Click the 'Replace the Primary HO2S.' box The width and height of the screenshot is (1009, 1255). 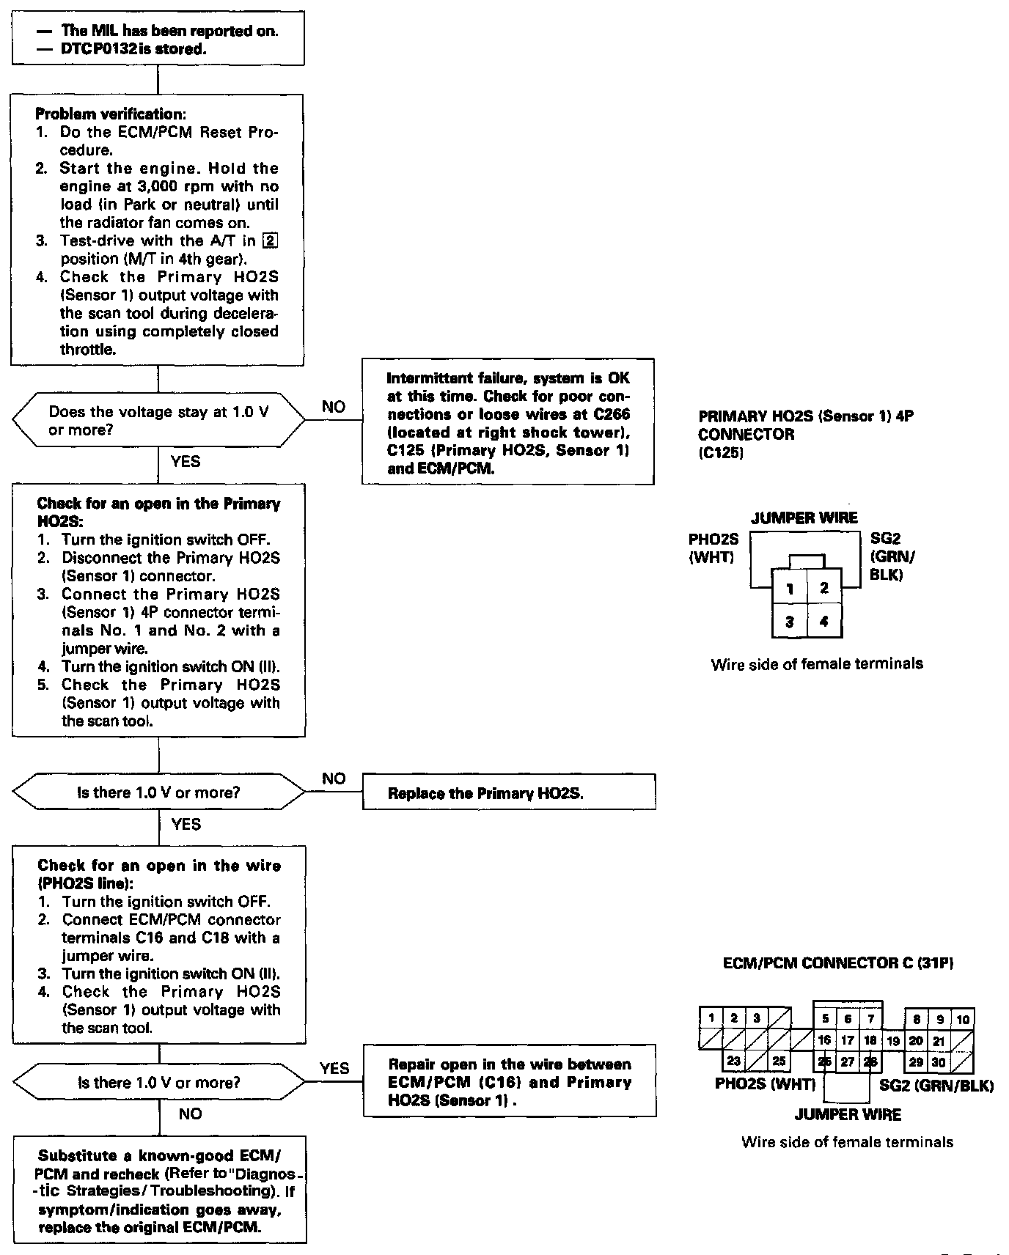coord(509,792)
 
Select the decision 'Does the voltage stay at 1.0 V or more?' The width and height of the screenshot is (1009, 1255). coord(158,421)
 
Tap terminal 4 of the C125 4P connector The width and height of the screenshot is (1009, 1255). coord(824,622)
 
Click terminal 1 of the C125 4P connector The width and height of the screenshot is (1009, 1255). coord(790,588)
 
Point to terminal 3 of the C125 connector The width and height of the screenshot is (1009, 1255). coord(790,622)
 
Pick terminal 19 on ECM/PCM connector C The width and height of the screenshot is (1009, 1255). coord(892,1040)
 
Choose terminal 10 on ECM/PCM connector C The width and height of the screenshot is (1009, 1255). coord(963,1019)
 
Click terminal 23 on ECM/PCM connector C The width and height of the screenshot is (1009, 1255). coord(734,1061)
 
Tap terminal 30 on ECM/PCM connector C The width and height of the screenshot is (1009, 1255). coord(939,1061)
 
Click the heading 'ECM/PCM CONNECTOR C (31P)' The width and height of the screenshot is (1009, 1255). coord(838,963)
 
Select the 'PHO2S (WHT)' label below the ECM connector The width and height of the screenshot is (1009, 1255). coord(765,1084)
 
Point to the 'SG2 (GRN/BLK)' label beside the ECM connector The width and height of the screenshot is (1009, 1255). coord(936,1086)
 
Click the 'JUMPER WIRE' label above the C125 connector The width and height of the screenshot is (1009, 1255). coord(804,518)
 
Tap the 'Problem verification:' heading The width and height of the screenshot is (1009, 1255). coord(109,114)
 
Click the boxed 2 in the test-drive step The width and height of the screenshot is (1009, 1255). coord(271,240)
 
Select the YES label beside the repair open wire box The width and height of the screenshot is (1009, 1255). coord(334,1068)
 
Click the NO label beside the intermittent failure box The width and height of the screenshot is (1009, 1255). coord(333,407)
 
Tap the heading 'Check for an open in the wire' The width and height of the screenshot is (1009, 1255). coord(159,866)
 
